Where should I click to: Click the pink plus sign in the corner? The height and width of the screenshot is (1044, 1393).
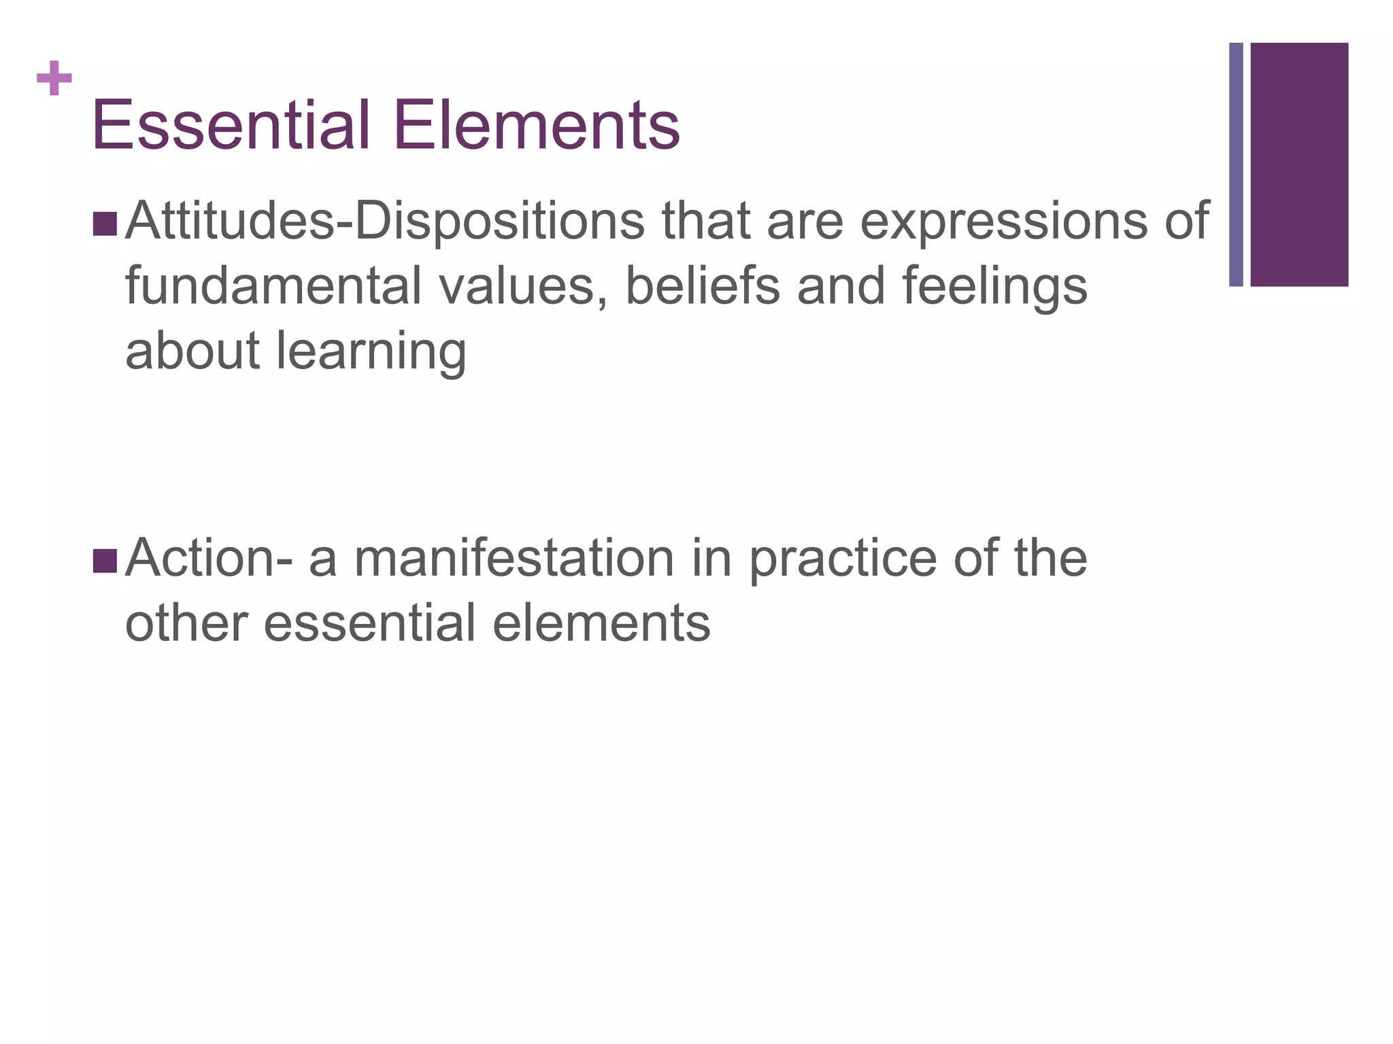(x=54, y=79)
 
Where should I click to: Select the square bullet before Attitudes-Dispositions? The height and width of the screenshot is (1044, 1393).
(x=105, y=224)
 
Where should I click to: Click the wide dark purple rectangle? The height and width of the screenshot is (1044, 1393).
(x=1299, y=164)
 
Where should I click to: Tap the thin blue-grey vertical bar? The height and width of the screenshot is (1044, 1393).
(x=1236, y=164)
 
